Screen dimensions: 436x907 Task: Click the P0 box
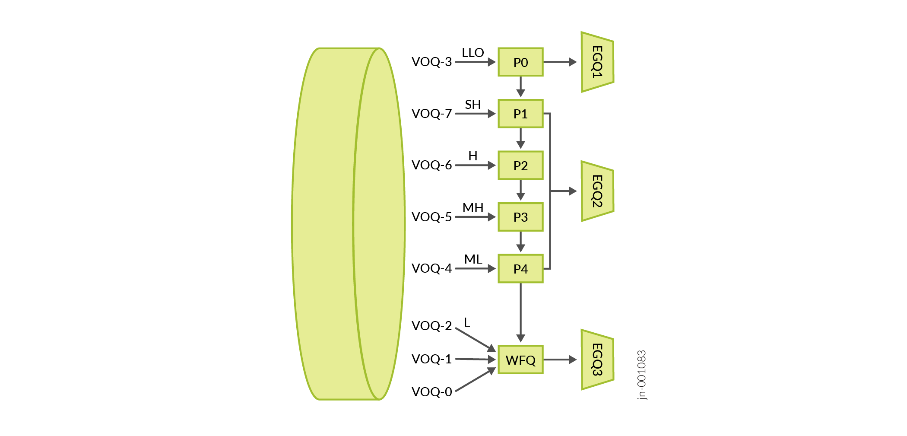[x=520, y=62]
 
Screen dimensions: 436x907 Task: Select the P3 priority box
[x=520, y=217]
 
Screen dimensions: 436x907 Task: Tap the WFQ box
[x=520, y=360]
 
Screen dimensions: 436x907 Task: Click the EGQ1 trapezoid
[x=597, y=62]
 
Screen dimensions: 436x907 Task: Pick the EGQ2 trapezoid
[x=597, y=191]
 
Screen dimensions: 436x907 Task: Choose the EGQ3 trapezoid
[x=597, y=360]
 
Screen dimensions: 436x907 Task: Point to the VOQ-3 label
[x=431, y=62]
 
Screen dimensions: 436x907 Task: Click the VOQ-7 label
[x=431, y=114]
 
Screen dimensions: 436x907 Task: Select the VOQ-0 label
[x=431, y=392]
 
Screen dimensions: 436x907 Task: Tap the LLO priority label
[x=473, y=53]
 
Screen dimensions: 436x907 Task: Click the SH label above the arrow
[x=473, y=105]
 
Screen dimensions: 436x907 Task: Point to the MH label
[x=473, y=208]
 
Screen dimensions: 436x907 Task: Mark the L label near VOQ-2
[x=467, y=322]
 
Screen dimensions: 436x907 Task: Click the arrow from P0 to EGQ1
[x=560, y=62]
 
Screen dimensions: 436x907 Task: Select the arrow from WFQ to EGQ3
[x=560, y=360]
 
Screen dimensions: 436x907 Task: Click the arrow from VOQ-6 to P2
[x=475, y=165]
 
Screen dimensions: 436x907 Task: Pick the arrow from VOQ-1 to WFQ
[x=475, y=359]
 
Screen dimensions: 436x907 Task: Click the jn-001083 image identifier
[x=642, y=375]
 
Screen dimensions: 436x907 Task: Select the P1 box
[x=520, y=114]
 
